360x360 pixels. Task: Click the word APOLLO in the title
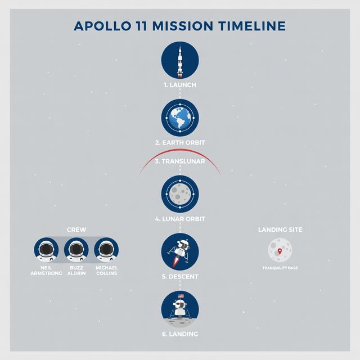[102, 26]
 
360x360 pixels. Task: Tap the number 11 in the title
[141, 26]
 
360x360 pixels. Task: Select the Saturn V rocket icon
[180, 61]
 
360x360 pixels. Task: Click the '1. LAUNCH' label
[180, 85]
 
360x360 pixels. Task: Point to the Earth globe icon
[180, 118]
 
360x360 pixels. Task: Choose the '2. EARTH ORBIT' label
[180, 142]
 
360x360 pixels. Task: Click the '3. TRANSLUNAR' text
[180, 161]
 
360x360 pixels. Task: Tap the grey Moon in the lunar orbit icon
[180, 194]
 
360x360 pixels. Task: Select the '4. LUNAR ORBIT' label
[180, 219]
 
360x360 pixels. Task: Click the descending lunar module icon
[180, 253]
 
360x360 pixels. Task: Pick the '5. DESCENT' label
[180, 277]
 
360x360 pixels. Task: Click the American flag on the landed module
[181, 296]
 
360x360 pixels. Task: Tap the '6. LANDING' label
[180, 334]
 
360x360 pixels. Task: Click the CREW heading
[76, 229]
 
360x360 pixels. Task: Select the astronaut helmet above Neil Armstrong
[46, 250]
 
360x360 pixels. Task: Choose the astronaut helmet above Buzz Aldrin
[76, 250]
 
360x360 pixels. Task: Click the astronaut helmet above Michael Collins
[106, 250]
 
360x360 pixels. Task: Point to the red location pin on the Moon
[280, 251]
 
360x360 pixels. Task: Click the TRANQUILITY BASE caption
[280, 268]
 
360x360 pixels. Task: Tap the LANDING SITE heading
[280, 229]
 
